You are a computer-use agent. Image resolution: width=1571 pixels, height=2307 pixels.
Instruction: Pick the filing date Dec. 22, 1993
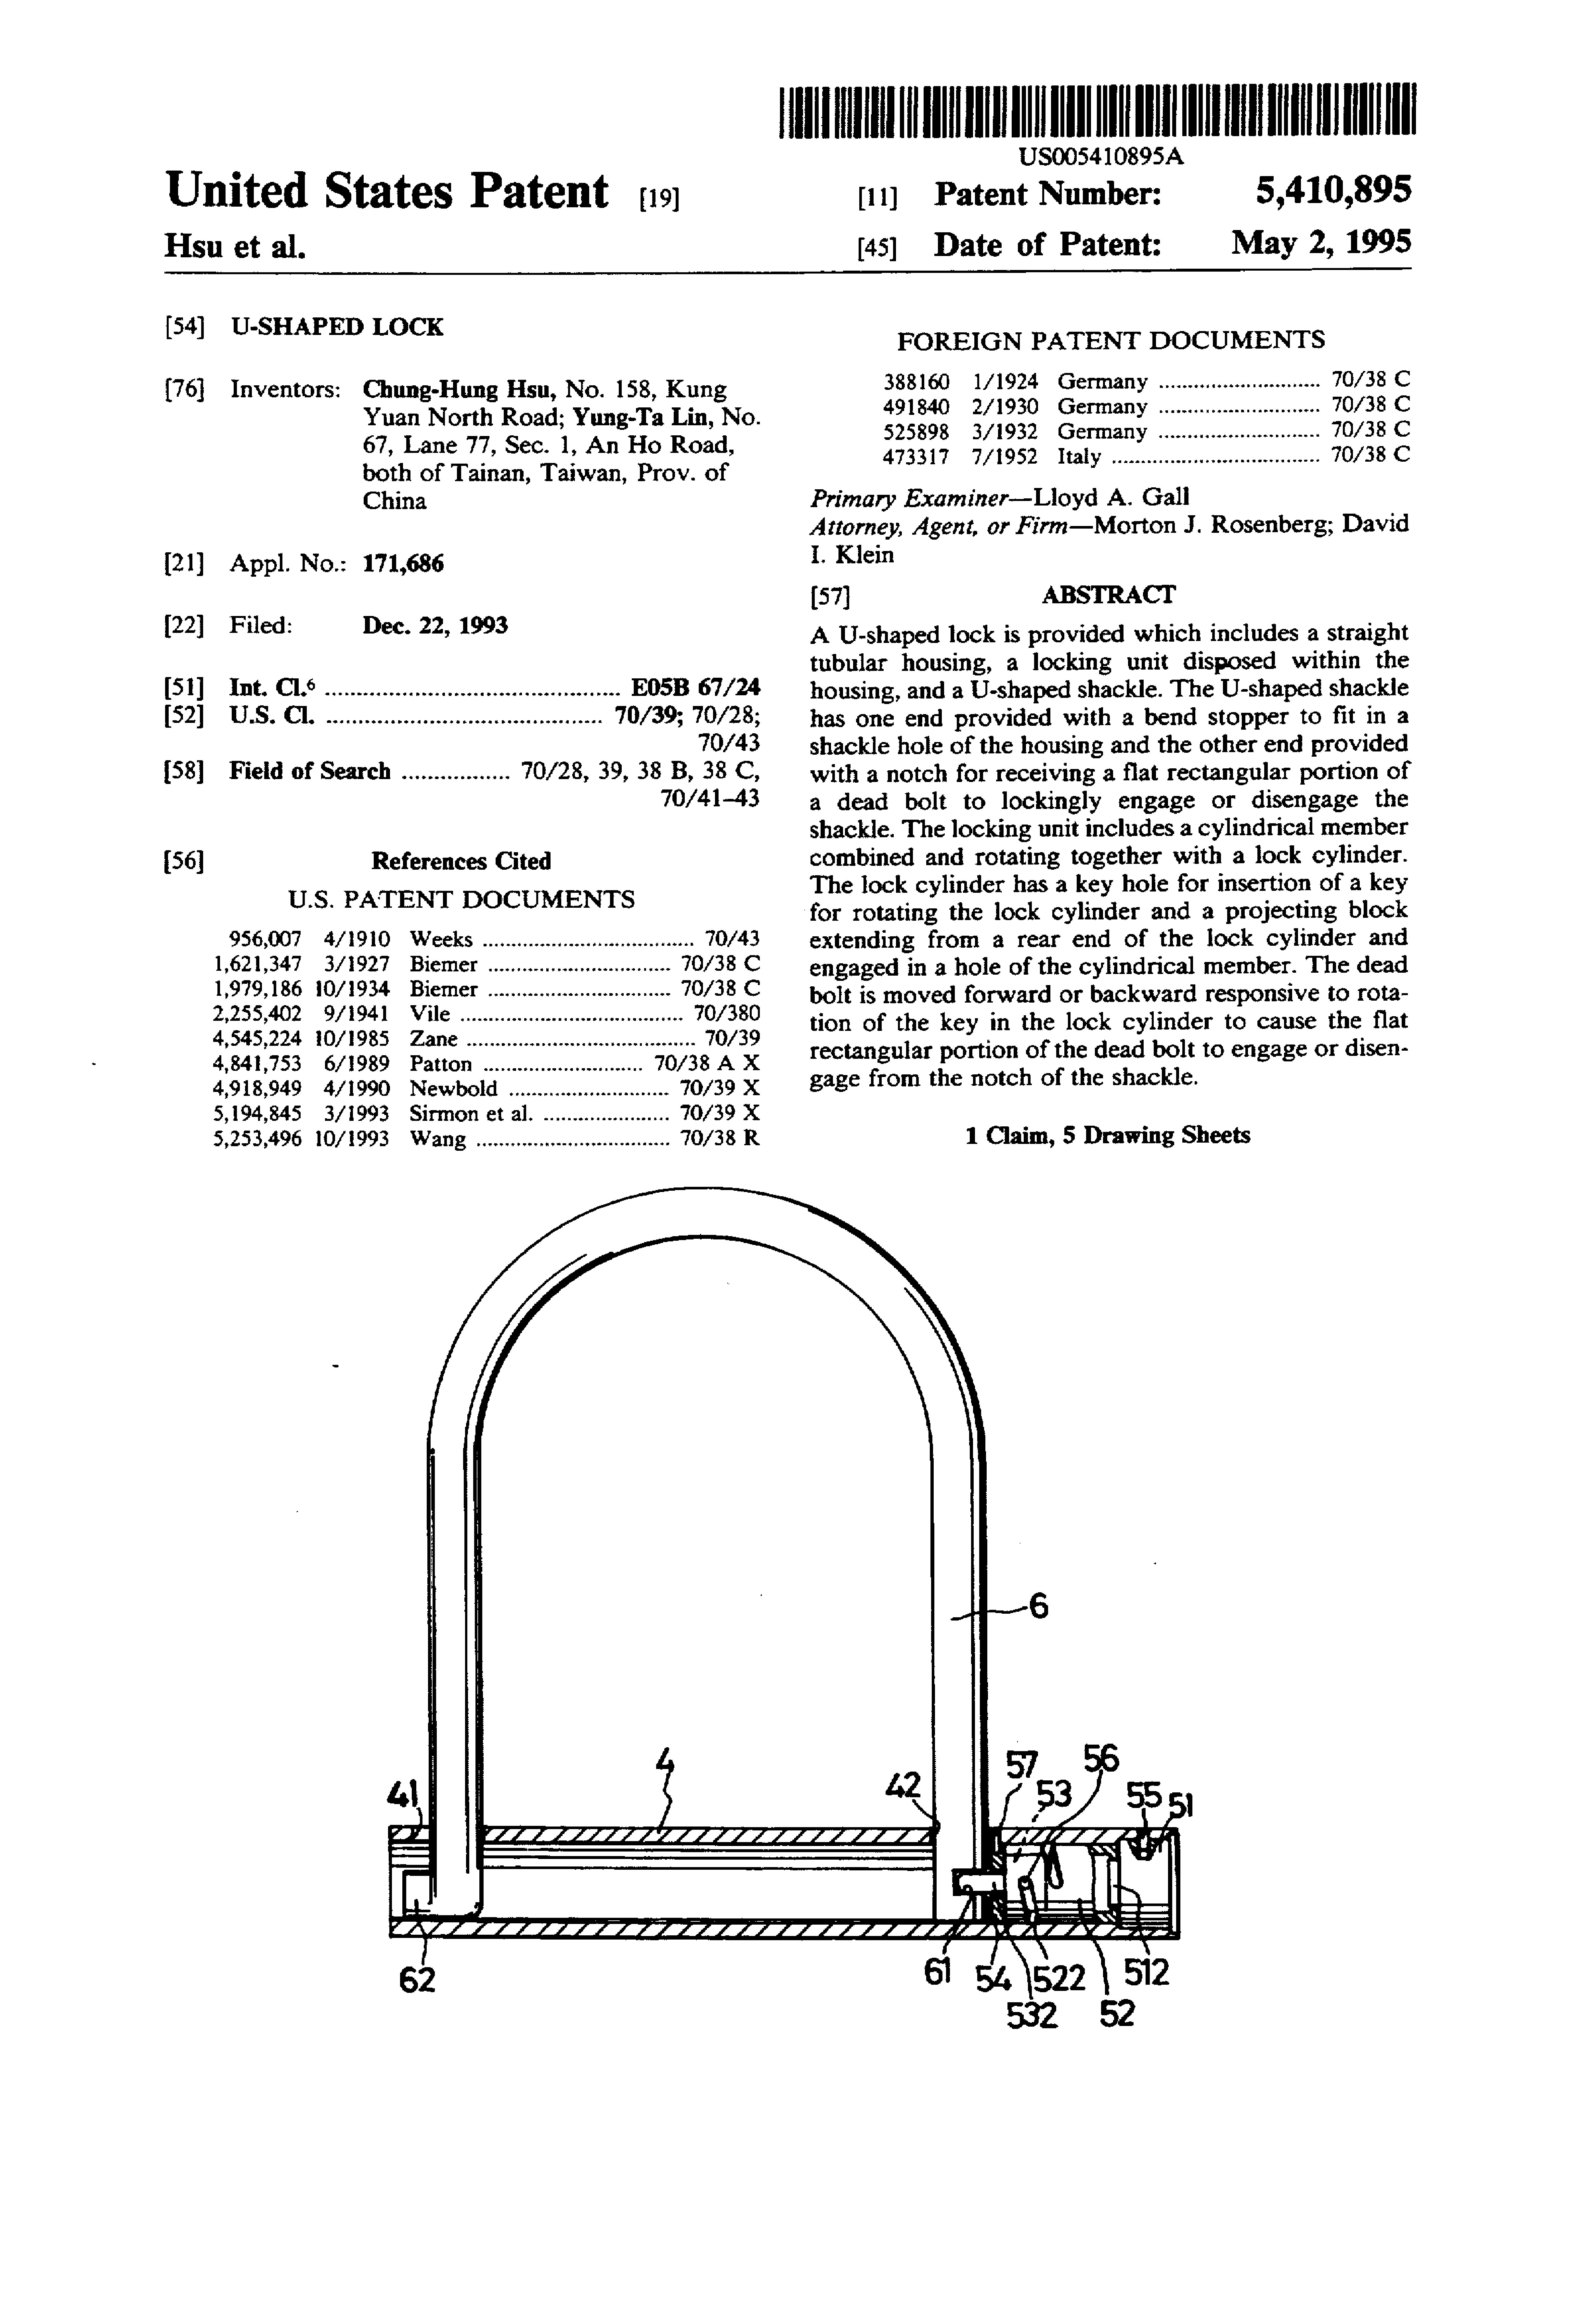point(435,625)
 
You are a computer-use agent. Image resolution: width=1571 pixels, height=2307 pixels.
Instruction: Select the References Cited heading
point(461,861)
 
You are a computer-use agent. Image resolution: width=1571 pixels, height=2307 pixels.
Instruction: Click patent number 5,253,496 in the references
point(257,1139)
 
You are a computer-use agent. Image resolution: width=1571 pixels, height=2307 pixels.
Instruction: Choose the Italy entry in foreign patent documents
point(1078,457)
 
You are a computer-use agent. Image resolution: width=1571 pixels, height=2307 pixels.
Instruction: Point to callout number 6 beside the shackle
point(1038,1605)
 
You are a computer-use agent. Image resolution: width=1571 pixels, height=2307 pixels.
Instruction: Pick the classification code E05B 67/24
point(696,687)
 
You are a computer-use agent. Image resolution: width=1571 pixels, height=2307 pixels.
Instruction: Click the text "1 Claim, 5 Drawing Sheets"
point(1107,1136)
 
